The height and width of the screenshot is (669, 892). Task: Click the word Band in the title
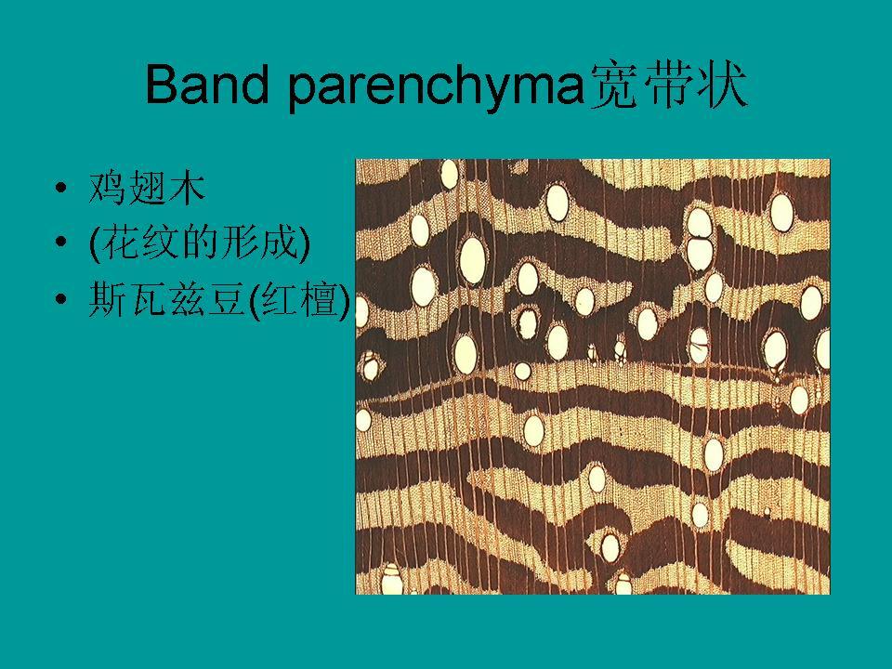(206, 85)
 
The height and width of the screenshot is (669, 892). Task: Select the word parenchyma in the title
(437, 88)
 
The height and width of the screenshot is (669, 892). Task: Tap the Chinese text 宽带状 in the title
(668, 85)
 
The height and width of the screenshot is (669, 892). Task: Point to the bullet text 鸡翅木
(147, 189)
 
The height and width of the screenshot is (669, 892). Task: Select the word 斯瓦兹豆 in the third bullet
(168, 299)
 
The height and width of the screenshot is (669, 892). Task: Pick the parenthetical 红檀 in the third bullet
(300, 300)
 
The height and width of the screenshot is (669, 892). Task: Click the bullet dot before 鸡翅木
(61, 188)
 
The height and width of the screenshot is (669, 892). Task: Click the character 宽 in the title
(614, 85)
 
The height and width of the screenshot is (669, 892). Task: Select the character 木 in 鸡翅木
(187, 189)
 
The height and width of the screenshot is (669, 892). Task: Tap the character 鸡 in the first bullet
(107, 189)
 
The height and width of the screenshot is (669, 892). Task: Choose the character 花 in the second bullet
(121, 243)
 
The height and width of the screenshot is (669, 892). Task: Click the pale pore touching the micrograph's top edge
(450, 174)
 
